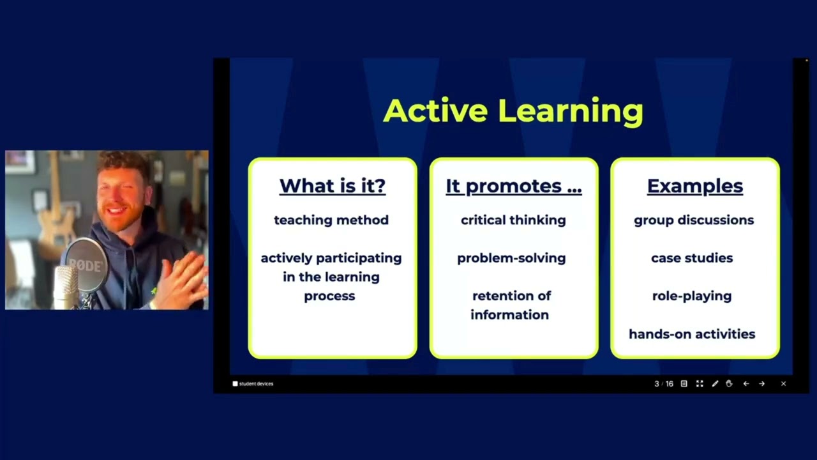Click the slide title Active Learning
point(513,111)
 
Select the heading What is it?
point(333,186)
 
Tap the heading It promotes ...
point(513,186)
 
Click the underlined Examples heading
point(694,186)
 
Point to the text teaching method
point(331,220)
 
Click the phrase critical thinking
point(513,220)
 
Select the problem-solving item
point(511,258)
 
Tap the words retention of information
point(511,305)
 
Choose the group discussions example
point(693,220)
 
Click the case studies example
point(692,258)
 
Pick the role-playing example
point(692,296)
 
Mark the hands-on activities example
point(692,334)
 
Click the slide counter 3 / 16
point(663,384)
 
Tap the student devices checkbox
point(235,384)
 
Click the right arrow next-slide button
point(761,384)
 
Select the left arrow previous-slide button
point(746,384)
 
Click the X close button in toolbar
point(783,384)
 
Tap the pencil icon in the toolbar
point(715,384)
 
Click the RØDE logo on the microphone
point(85,264)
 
